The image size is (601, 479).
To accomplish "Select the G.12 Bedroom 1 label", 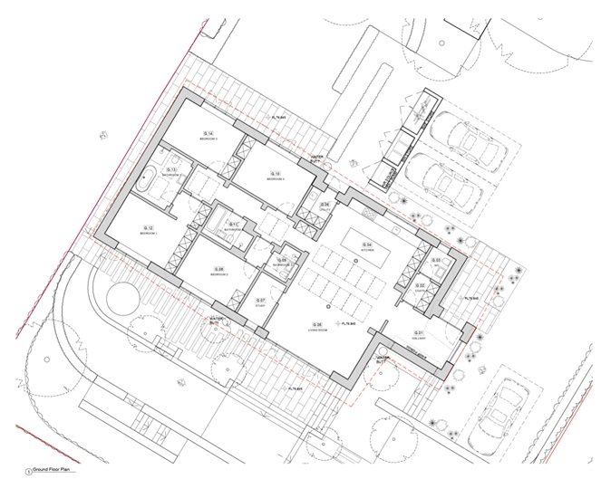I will coord(149,229).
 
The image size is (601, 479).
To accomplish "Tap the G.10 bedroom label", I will coord(276,175).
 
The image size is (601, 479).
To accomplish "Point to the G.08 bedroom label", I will coord(218,271).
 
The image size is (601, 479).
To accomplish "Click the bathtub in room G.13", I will coord(146,180).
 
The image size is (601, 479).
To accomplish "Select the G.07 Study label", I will coord(260,302).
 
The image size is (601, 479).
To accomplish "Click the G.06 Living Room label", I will coord(318,326).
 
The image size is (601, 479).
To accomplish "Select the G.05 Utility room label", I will coord(324,206).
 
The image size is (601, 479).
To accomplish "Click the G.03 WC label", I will coord(436,262).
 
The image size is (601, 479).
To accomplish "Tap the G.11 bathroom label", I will coord(233,226).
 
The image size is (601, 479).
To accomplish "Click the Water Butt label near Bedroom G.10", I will coord(316,158).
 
